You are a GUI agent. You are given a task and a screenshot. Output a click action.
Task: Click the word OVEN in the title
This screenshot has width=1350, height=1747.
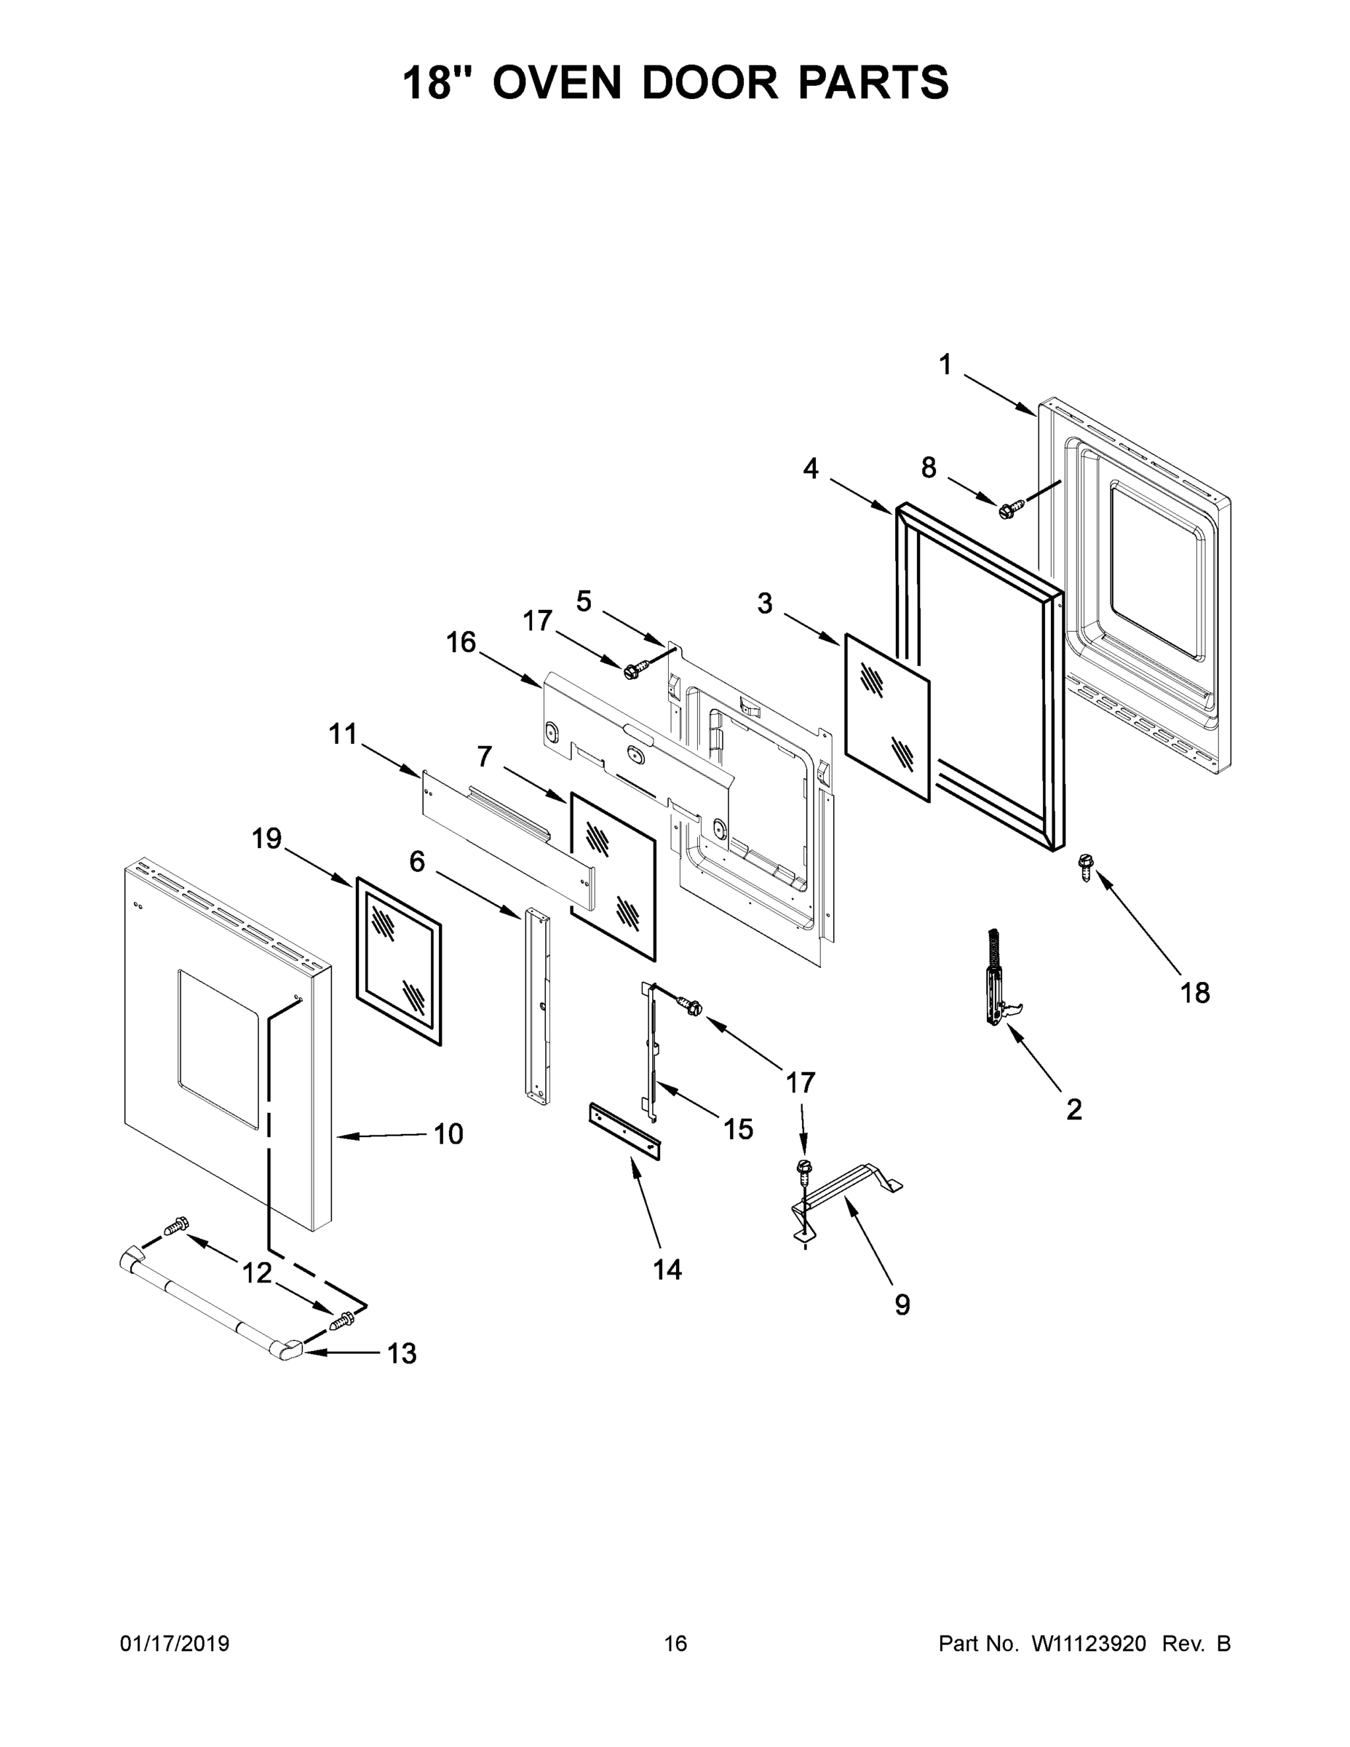click(x=557, y=82)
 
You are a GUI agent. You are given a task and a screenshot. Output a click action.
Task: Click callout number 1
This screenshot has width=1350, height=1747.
click(x=945, y=365)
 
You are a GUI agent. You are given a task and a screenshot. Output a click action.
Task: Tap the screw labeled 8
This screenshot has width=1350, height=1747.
click(x=1011, y=507)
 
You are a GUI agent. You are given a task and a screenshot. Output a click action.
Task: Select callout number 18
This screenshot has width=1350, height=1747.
click(x=1195, y=993)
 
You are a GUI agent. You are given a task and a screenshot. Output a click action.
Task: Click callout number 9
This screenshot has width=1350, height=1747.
click(x=902, y=1304)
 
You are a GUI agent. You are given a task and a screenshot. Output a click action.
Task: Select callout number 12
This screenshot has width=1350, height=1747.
click(x=258, y=1272)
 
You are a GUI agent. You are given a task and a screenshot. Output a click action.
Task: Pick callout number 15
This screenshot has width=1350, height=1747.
click(x=738, y=1129)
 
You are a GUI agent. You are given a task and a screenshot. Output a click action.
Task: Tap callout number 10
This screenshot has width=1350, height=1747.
click(x=449, y=1133)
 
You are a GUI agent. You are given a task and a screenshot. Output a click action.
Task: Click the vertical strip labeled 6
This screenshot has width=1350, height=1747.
click(x=536, y=1008)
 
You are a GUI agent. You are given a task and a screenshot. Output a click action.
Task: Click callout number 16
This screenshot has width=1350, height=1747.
click(x=461, y=641)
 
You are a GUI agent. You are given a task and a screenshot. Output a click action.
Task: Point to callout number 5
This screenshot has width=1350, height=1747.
click(x=584, y=601)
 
